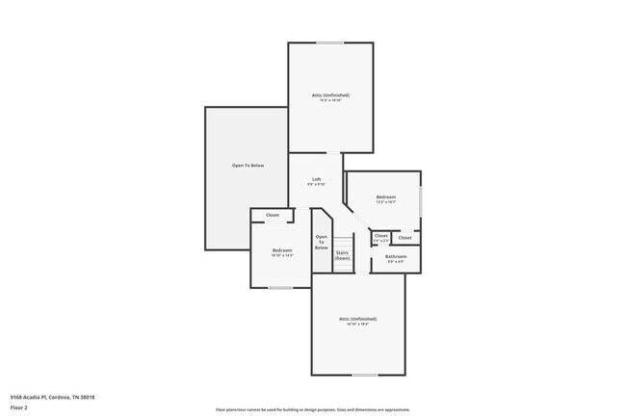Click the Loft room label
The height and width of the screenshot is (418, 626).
pyautogui.click(x=316, y=180)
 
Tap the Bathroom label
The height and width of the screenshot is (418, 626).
pyautogui.click(x=396, y=257)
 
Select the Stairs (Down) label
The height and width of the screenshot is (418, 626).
pyautogui.click(x=342, y=255)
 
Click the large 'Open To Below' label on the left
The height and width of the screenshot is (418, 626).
pyautogui.click(x=247, y=166)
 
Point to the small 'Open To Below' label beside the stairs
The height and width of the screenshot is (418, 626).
pyautogui.click(x=321, y=242)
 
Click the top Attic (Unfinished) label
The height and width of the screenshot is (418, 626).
pyautogui.click(x=329, y=95)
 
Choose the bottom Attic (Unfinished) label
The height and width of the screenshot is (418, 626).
pyautogui.click(x=357, y=319)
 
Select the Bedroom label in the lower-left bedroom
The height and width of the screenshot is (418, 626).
pyautogui.click(x=282, y=250)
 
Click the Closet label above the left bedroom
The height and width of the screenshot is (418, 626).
pyautogui.click(x=273, y=215)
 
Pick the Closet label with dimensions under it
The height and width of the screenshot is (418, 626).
pyautogui.click(x=381, y=236)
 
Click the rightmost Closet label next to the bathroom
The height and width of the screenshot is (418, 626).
pyautogui.click(x=404, y=237)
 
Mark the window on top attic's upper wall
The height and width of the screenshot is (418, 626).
pyautogui.click(x=330, y=42)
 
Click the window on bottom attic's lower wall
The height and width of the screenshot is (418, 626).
pyautogui.click(x=364, y=375)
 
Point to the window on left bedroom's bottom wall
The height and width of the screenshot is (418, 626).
pyautogui.click(x=280, y=287)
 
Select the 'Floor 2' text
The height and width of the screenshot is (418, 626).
pyautogui.click(x=20, y=406)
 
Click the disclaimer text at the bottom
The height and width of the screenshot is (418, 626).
pyautogui.click(x=313, y=408)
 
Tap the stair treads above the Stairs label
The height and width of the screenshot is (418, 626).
pyautogui.click(x=342, y=241)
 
